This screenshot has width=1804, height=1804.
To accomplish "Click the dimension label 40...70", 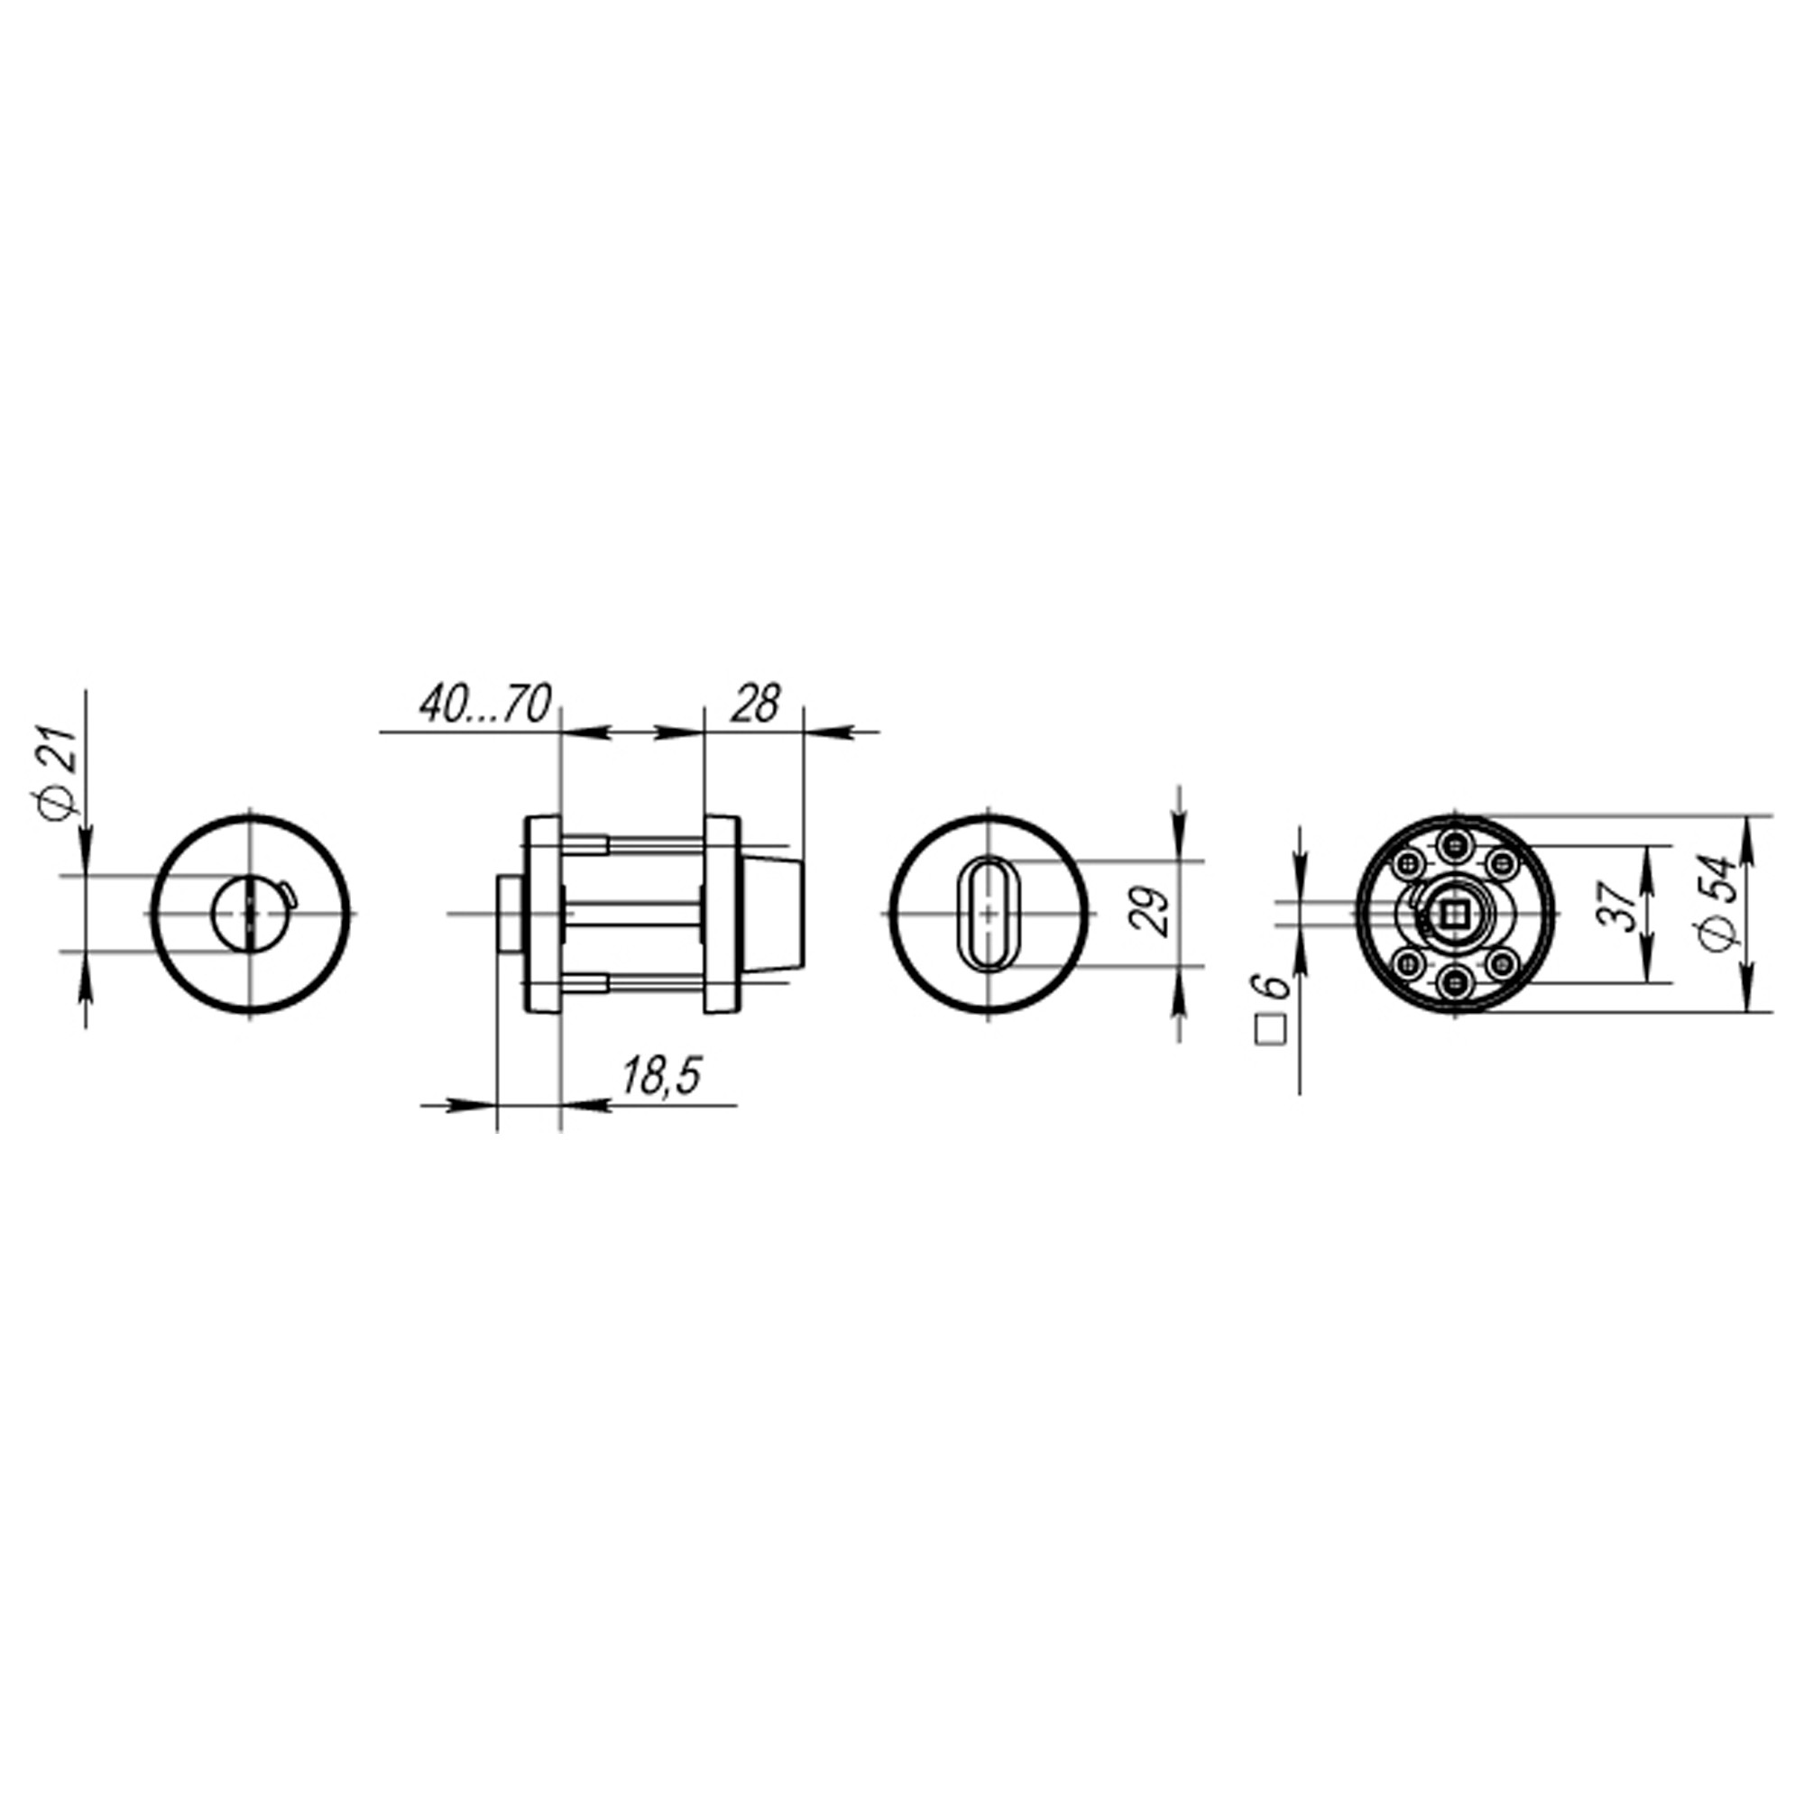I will [485, 705].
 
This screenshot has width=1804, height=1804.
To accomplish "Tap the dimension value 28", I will [754, 705].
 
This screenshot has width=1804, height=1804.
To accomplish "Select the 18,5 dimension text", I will [661, 1078].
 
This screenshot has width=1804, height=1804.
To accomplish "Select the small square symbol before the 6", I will [1271, 1030].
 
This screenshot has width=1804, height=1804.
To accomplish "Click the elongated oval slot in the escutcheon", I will [989, 913].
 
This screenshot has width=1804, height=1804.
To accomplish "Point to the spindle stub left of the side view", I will [510, 913].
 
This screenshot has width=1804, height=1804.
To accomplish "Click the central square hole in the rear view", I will [1454, 913].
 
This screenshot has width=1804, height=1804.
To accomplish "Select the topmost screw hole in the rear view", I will [1454, 846].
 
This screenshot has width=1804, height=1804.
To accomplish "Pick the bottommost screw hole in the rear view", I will [1454, 980].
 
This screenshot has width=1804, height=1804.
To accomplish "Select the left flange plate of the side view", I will [542, 913].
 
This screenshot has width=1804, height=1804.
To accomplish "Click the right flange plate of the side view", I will [721, 913].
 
